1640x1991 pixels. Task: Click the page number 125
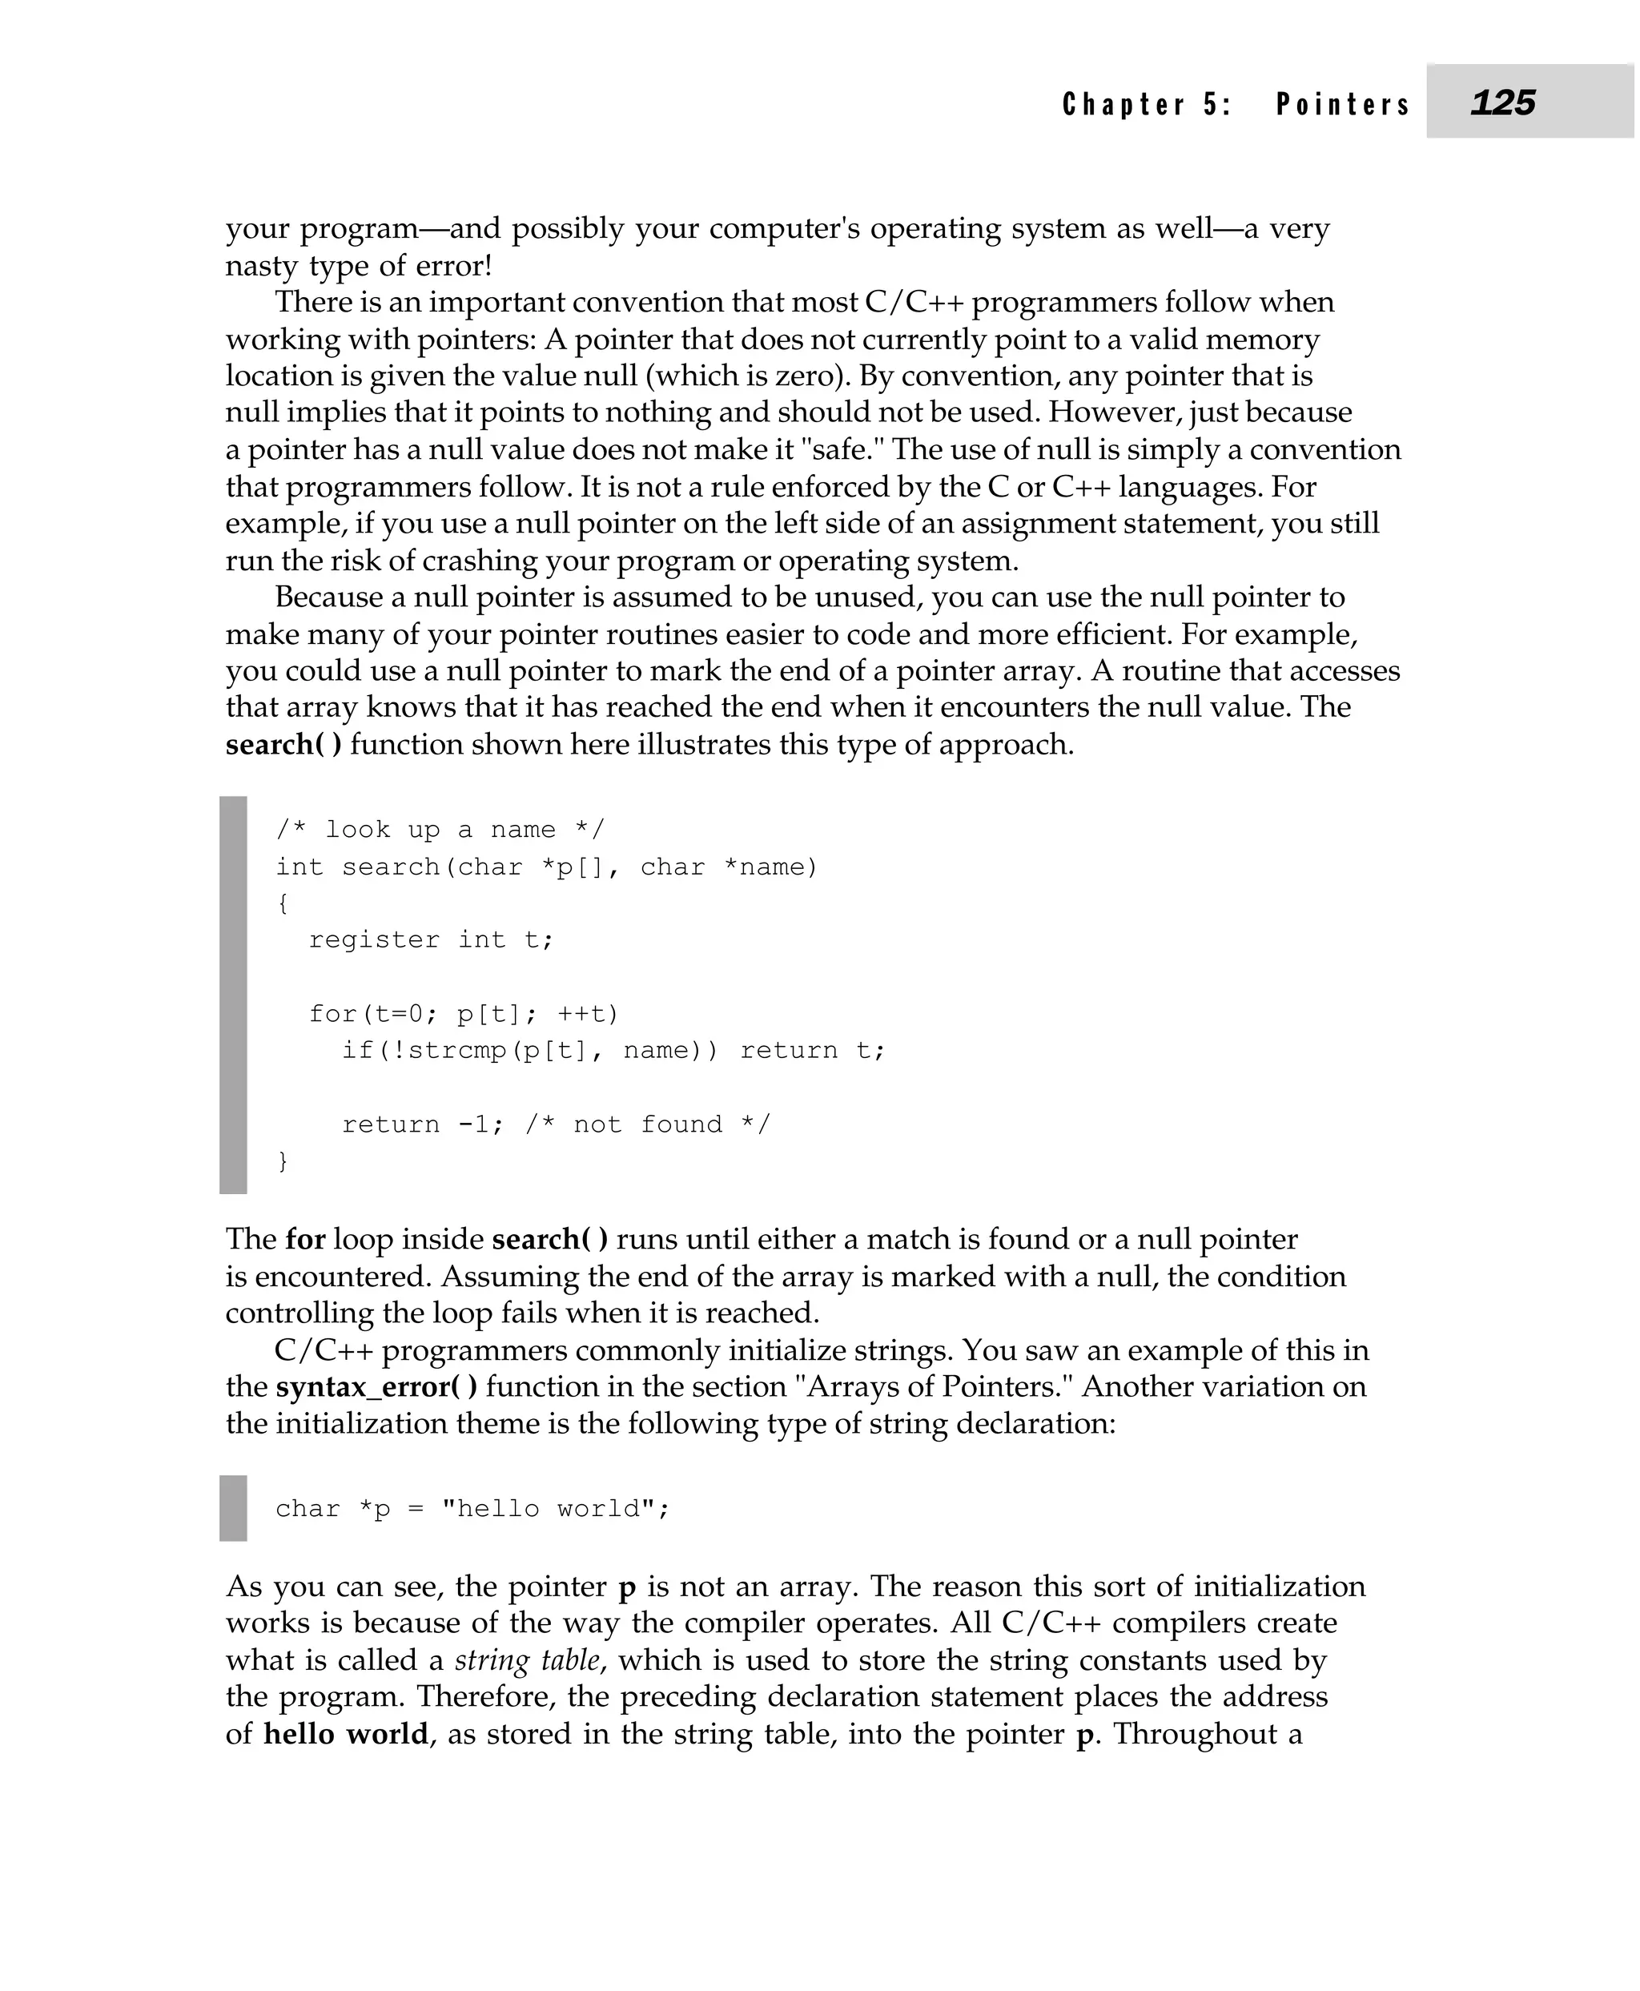(x=1502, y=102)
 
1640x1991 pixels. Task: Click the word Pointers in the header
(x=1342, y=104)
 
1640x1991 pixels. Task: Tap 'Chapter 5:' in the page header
(x=1146, y=104)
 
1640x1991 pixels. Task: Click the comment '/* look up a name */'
(x=440, y=830)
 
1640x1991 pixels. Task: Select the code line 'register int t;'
(x=431, y=940)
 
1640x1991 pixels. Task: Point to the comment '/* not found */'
(x=648, y=1124)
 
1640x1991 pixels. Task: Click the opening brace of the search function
(x=283, y=903)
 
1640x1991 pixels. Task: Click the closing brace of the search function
(x=283, y=1161)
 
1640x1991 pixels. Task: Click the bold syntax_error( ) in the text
(x=376, y=1387)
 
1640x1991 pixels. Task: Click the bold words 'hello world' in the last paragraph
(x=345, y=1734)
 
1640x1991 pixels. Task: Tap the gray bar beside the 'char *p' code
(x=233, y=1508)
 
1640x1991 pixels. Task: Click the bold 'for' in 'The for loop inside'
(x=305, y=1239)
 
